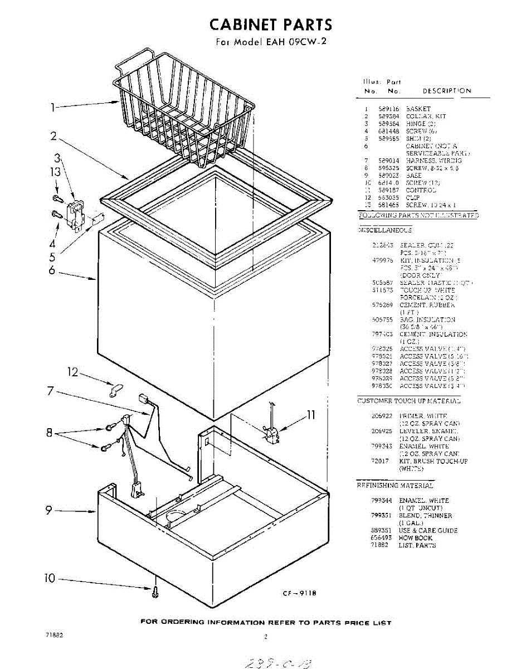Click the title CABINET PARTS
coord(270,25)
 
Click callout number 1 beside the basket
coord(53,108)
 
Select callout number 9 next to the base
coord(49,509)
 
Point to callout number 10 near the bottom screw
coord(50,579)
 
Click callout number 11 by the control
coord(310,415)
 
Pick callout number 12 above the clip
coord(73,372)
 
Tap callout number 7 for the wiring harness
coord(51,391)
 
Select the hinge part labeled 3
coord(75,215)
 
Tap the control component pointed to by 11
coord(271,433)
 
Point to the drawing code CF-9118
coord(299,593)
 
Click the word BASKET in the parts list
coord(418,109)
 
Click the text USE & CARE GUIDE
coord(428,531)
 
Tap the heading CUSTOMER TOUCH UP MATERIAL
coord(408,401)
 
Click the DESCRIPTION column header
coord(446,91)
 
